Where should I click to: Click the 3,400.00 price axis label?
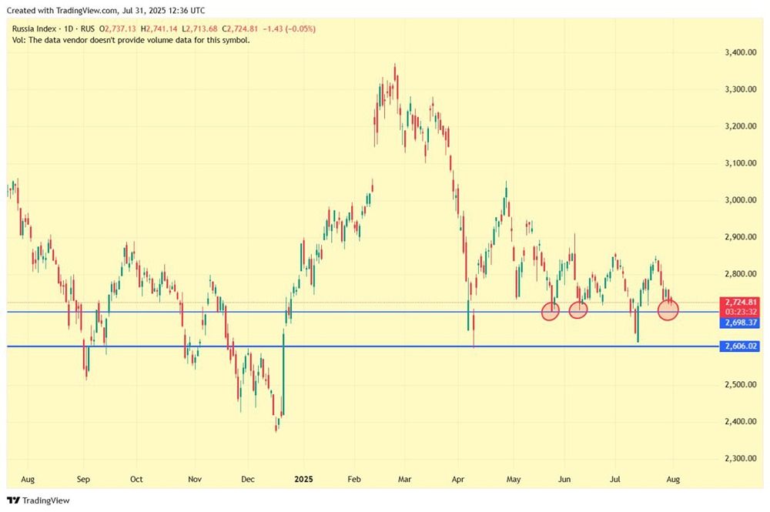click(739, 52)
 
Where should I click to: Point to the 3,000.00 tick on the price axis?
click(739, 200)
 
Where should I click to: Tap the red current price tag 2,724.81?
click(740, 302)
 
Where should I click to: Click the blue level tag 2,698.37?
click(739, 323)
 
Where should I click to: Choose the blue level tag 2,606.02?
click(739, 346)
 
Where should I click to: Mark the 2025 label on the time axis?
click(303, 478)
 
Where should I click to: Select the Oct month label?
click(136, 478)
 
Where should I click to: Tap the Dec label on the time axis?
click(247, 478)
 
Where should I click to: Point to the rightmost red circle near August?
click(668, 310)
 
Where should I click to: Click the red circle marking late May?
click(550, 311)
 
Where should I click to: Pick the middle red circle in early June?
click(578, 310)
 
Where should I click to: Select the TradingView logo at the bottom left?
click(38, 500)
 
